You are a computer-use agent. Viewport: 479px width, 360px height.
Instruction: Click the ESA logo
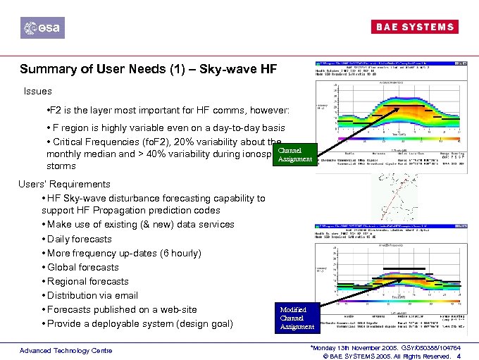tap(42, 27)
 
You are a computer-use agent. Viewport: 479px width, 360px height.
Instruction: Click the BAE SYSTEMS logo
tap(413, 27)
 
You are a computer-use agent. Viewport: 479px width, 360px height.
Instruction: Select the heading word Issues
tap(37, 92)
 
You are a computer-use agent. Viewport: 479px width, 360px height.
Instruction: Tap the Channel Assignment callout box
tap(295, 155)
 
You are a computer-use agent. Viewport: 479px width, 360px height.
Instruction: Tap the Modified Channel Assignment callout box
tap(297, 318)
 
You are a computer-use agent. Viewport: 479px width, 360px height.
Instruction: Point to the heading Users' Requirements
tap(64, 185)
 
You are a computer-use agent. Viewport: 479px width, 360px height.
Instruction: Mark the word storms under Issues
tap(62, 167)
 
